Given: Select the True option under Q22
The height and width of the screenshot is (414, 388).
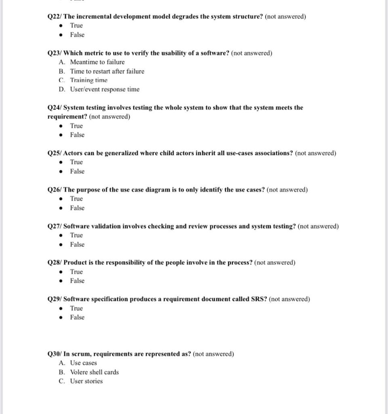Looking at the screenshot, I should point(76,25).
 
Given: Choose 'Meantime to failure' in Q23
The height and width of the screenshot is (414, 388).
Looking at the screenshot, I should point(97,62).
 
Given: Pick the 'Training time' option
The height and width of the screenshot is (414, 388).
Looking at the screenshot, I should point(89,80).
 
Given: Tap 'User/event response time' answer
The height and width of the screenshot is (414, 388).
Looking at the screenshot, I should point(104,89).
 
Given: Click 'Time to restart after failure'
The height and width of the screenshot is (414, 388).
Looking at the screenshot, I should point(107,71).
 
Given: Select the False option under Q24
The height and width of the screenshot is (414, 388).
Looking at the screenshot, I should point(77,135).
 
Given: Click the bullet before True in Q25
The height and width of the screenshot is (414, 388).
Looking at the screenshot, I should point(61,163).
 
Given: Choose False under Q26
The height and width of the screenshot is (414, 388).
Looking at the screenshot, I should point(77,208).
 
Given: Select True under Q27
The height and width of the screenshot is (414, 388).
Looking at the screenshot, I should point(76,235).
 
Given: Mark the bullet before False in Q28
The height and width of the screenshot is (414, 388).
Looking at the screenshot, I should point(61,281).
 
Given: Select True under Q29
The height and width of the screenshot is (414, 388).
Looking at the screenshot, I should point(76,308).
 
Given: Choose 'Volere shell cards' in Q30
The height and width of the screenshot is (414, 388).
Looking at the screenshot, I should point(94,372).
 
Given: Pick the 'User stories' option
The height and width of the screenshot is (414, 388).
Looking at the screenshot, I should point(86,381).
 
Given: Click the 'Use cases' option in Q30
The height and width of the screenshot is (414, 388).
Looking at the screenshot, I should point(83,363).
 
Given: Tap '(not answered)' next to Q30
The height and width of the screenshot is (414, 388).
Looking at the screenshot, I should point(213,354).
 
